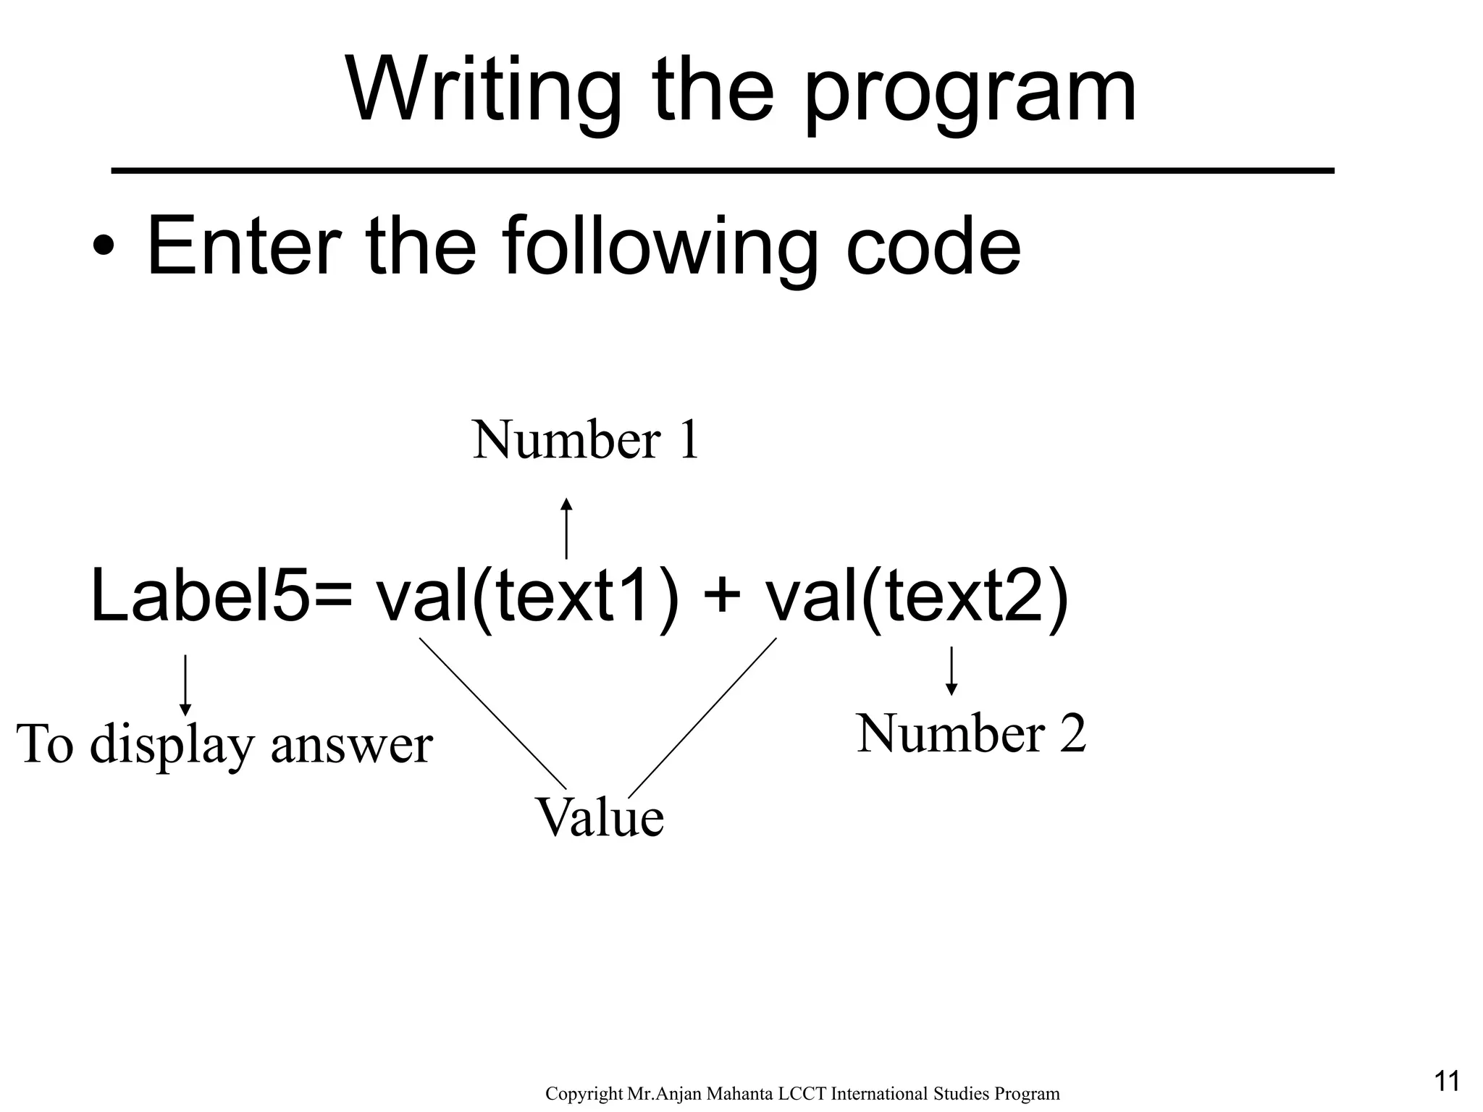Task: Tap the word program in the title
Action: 970,94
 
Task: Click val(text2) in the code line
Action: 917,597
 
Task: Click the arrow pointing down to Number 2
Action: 951,670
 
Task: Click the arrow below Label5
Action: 185,684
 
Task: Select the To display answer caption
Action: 224,744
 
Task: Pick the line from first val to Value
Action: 492,713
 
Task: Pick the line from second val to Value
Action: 702,717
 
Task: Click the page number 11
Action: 1446,1082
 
